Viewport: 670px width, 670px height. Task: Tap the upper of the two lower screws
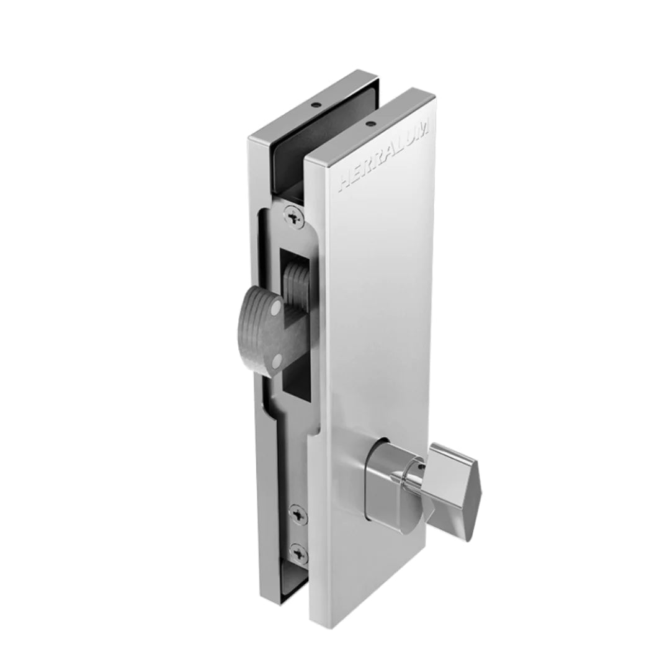(x=298, y=514)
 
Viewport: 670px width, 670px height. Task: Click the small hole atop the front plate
(x=369, y=124)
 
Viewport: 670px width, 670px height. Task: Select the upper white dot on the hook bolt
(x=277, y=307)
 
